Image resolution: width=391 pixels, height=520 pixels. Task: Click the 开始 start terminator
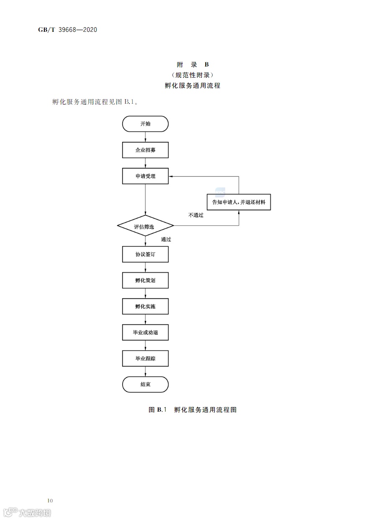pyautogui.click(x=145, y=124)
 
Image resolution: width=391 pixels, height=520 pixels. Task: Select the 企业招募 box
pyautogui.click(x=145, y=150)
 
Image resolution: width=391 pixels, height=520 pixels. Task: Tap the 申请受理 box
pyautogui.click(x=145, y=176)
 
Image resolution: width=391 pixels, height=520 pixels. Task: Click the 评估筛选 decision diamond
pyautogui.click(x=145, y=226)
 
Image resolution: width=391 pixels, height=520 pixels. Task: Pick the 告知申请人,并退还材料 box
pyautogui.click(x=239, y=202)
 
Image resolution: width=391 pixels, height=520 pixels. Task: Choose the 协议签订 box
pyautogui.click(x=145, y=254)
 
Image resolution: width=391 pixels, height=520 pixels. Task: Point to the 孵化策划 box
pyautogui.click(x=145, y=280)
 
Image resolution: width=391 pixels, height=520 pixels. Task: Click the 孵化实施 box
pyautogui.click(x=145, y=306)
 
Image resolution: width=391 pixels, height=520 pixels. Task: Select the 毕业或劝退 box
pyautogui.click(x=145, y=333)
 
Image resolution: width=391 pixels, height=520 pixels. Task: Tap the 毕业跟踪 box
pyautogui.click(x=145, y=359)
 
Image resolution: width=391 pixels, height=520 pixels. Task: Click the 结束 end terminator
pyautogui.click(x=145, y=384)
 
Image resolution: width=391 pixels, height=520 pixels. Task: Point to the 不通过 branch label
pyautogui.click(x=195, y=215)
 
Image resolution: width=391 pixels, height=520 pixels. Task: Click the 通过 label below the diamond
pyautogui.click(x=166, y=240)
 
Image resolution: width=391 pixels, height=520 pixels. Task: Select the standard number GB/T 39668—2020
pyautogui.click(x=68, y=30)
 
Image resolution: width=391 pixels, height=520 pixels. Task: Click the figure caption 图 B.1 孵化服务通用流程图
pyautogui.click(x=193, y=410)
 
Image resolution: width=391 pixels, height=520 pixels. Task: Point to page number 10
pyautogui.click(x=50, y=500)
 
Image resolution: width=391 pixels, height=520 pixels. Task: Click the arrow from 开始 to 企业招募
pyautogui.click(x=145, y=137)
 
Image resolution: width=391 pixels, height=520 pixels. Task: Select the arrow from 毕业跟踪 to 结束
pyautogui.click(x=145, y=371)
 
